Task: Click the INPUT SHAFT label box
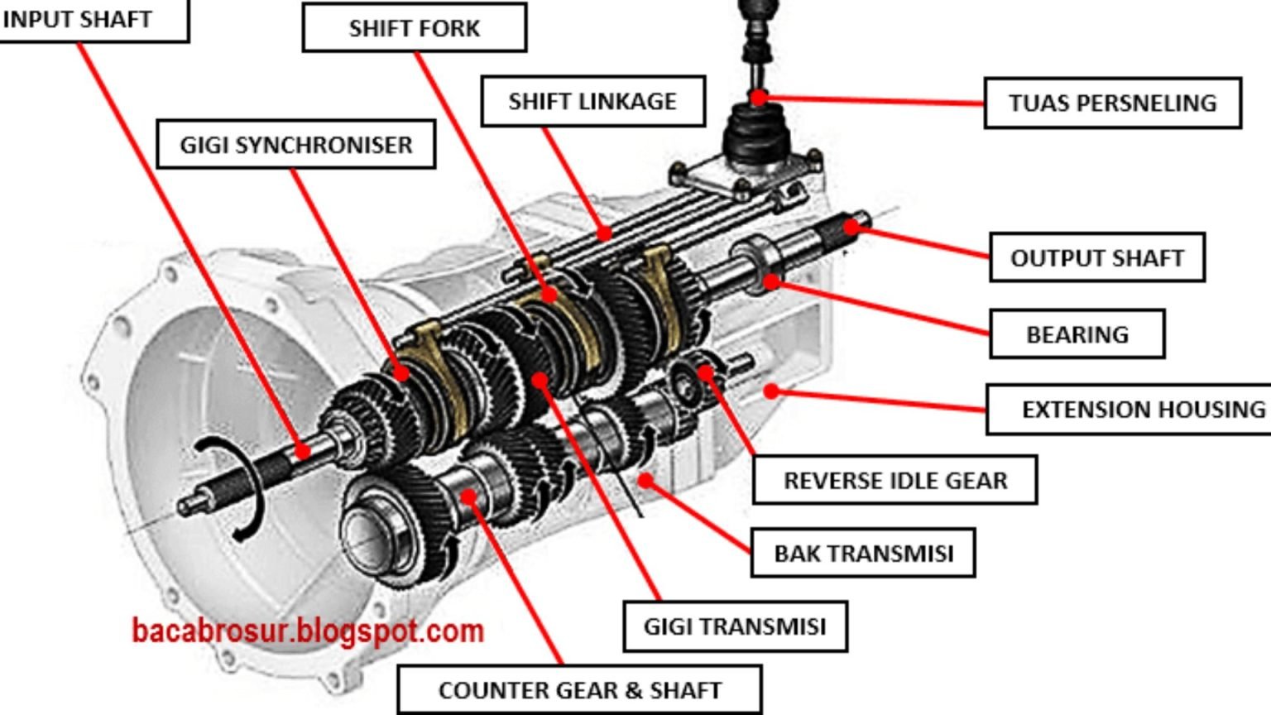tap(79, 19)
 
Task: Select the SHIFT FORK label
tap(414, 28)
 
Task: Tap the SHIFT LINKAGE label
tap(592, 101)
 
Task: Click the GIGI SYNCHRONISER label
tap(296, 145)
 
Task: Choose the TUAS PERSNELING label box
tap(1112, 103)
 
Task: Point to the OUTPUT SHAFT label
tap(1096, 258)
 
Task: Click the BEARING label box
tap(1077, 334)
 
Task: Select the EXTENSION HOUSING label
tap(1142, 410)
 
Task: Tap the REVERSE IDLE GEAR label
tap(894, 480)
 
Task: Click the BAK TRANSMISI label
tap(863, 553)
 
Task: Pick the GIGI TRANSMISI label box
tap(735, 626)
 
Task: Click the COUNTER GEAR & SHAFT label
tap(579, 690)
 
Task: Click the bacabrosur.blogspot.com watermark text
tap(308, 631)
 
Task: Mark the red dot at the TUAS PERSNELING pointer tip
tap(758, 98)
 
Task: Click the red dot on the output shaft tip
tap(851, 227)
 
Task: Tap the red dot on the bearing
tap(770, 282)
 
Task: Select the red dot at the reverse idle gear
tap(705, 372)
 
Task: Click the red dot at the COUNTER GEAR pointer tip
tap(468, 497)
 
